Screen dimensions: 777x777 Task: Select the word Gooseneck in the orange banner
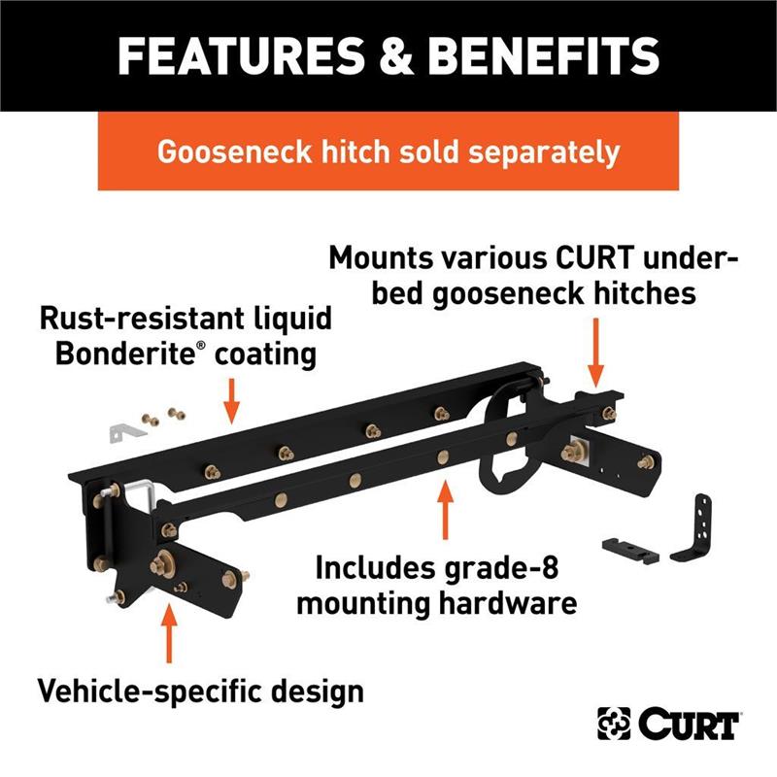click(234, 152)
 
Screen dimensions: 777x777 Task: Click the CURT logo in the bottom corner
click(668, 723)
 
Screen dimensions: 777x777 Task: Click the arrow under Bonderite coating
click(231, 401)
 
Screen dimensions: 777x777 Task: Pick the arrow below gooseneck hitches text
click(595, 353)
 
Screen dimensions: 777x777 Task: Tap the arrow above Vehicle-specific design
click(169, 633)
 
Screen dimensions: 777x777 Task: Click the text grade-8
click(500, 569)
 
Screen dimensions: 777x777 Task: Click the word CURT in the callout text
click(594, 258)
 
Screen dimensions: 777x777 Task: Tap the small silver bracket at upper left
click(126, 432)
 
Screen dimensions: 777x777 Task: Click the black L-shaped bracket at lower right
click(693, 529)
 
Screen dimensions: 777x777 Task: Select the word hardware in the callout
click(507, 603)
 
